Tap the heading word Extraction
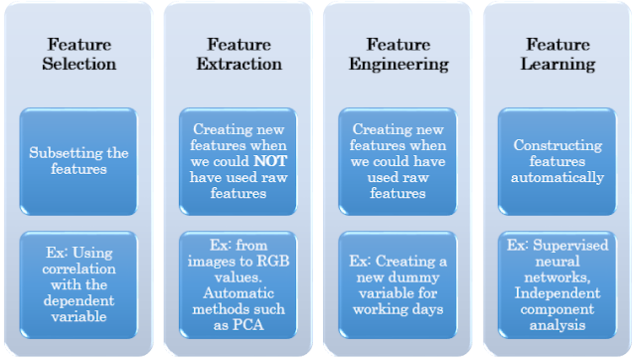(x=244, y=64)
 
